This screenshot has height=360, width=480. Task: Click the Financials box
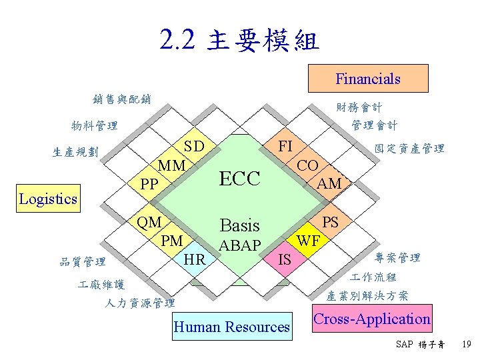click(367, 79)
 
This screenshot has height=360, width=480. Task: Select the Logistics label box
click(48, 199)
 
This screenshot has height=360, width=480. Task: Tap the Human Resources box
click(231, 327)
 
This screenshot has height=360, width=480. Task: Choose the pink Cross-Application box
click(372, 319)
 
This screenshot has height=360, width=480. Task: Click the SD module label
click(194, 147)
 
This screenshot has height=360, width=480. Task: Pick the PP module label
click(149, 182)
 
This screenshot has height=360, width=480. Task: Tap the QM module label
click(149, 222)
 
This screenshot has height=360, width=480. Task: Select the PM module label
click(172, 240)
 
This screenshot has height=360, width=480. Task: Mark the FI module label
click(285, 145)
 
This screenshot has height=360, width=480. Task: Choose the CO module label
click(307, 165)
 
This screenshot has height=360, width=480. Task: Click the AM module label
click(329, 183)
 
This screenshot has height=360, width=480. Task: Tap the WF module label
click(308, 240)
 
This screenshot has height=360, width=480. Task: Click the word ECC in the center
click(239, 178)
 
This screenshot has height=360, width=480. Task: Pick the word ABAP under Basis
click(240, 245)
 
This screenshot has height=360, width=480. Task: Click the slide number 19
click(466, 345)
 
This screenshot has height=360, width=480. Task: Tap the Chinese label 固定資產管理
click(409, 149)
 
